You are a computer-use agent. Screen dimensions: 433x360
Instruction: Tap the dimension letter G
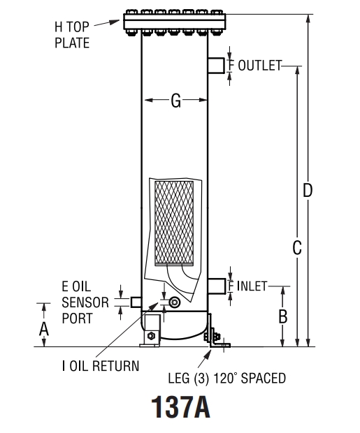(x=175, y=102)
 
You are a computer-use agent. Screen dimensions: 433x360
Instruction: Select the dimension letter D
(x=307, y=190)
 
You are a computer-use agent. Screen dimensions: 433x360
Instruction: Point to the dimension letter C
(x=297, y=247)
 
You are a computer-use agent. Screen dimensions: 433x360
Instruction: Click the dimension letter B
(x=282, y=316)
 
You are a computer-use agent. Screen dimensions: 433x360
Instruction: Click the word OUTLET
(x=259, y=66)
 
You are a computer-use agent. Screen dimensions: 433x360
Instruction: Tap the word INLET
(x=252, y=286)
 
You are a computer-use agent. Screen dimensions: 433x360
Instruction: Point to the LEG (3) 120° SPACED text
(x=226, y=378)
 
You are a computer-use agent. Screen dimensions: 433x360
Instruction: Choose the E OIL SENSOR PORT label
(x=85, y=302)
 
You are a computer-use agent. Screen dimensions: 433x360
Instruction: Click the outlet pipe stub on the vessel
(x=217, y=65)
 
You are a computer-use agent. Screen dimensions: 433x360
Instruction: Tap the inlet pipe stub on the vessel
(x=217, y=286)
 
